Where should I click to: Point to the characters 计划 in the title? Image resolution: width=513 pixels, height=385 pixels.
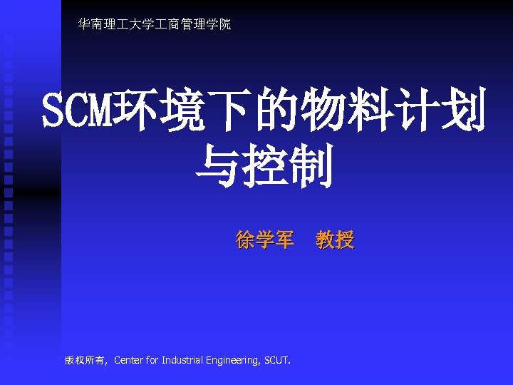pos(441,110)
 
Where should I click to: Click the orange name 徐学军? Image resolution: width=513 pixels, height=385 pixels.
pos(264,241)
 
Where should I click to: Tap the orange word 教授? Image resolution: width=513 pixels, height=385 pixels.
pos(335,241)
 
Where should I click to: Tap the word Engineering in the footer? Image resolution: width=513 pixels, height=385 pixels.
pos(233,360)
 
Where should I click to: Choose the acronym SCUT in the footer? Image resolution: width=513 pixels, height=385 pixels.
pos(276,360)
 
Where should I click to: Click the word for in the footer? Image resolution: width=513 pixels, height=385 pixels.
pos(152,360)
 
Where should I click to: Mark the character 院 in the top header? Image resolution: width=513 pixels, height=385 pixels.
pos(225,25)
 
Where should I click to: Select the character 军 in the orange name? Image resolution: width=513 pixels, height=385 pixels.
pos(284,241)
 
